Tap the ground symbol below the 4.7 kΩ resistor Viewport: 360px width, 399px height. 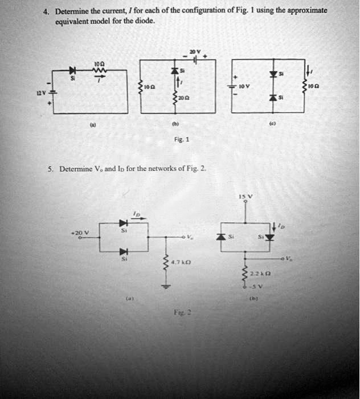[166, 287]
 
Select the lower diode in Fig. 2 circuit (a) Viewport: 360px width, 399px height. [121, 252]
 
